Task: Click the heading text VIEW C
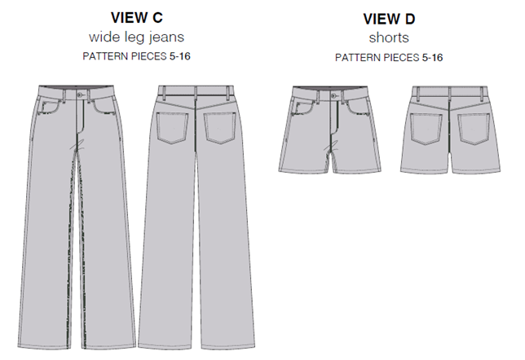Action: [x=132, y=17]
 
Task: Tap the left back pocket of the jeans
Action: [x=167, y=127]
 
